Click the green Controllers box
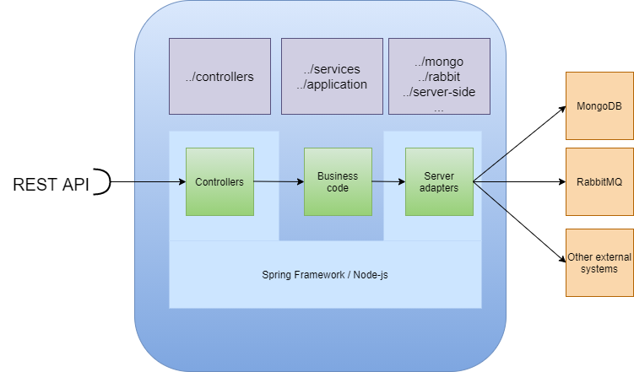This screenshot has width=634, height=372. click(219, 181)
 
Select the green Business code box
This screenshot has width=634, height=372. click(338, 181)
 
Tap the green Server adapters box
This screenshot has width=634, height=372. click(439, 181)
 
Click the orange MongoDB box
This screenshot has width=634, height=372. click(599, 106)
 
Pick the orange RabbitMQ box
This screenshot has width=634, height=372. click(599, 181)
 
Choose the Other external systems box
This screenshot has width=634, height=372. click(599, 262)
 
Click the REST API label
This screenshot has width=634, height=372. click(51, 184)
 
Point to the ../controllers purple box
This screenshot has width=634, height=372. click(219, 77)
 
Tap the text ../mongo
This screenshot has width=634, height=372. click(438, 62)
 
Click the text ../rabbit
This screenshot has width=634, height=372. click(438, 78)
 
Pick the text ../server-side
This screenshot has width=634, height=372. click(438, 93)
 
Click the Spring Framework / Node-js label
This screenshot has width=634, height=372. click(325, 275)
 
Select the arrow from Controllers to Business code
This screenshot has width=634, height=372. click(279, 181)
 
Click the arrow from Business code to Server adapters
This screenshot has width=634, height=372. click(387, 181)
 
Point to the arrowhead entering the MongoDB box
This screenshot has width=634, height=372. click(561, 109)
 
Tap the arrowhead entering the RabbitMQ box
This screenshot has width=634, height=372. click(561, 181)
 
